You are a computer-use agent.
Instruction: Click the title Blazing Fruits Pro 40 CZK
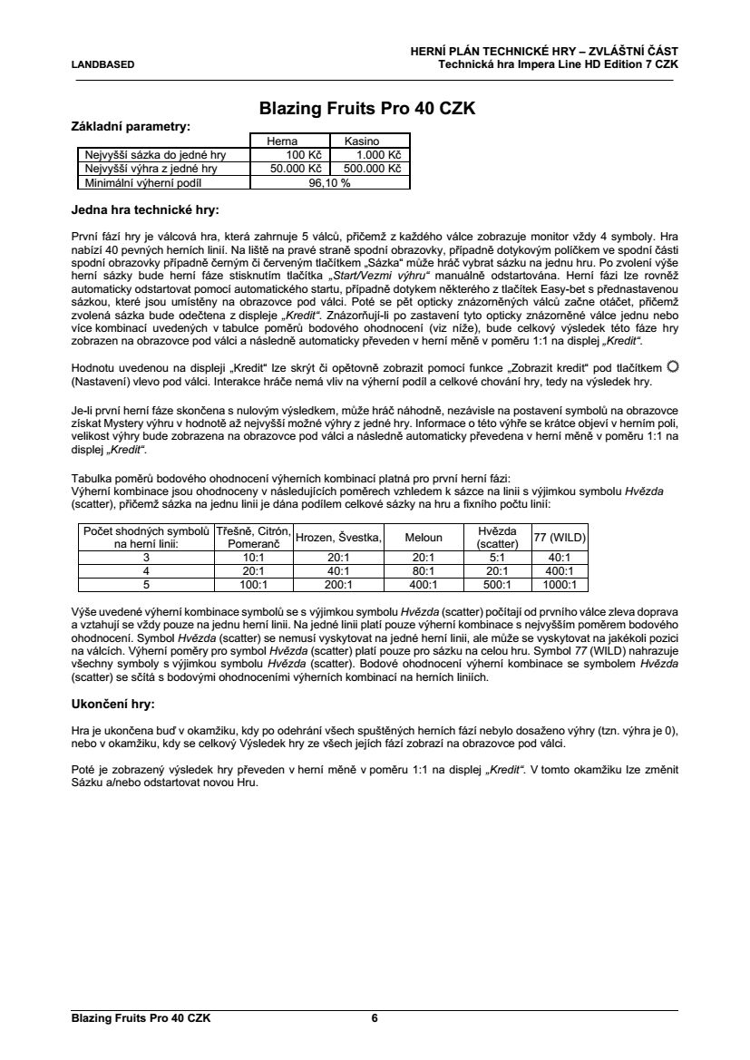367,109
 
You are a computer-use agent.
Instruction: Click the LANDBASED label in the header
102,64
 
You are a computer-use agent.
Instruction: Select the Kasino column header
361,141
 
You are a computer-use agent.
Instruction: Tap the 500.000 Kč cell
370,168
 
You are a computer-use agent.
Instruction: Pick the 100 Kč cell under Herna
291,155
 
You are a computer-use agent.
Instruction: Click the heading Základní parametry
131,127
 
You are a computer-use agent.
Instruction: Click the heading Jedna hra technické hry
145,210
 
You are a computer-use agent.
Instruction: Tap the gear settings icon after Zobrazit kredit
672,365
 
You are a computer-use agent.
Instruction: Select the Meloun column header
424,537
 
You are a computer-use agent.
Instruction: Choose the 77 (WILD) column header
560,537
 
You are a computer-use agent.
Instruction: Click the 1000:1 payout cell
560,585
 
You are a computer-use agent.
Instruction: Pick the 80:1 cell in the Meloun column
424,571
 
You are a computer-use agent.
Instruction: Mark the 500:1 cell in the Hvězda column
497,585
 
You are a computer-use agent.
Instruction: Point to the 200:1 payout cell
339,585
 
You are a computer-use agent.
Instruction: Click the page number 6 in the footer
375,1017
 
